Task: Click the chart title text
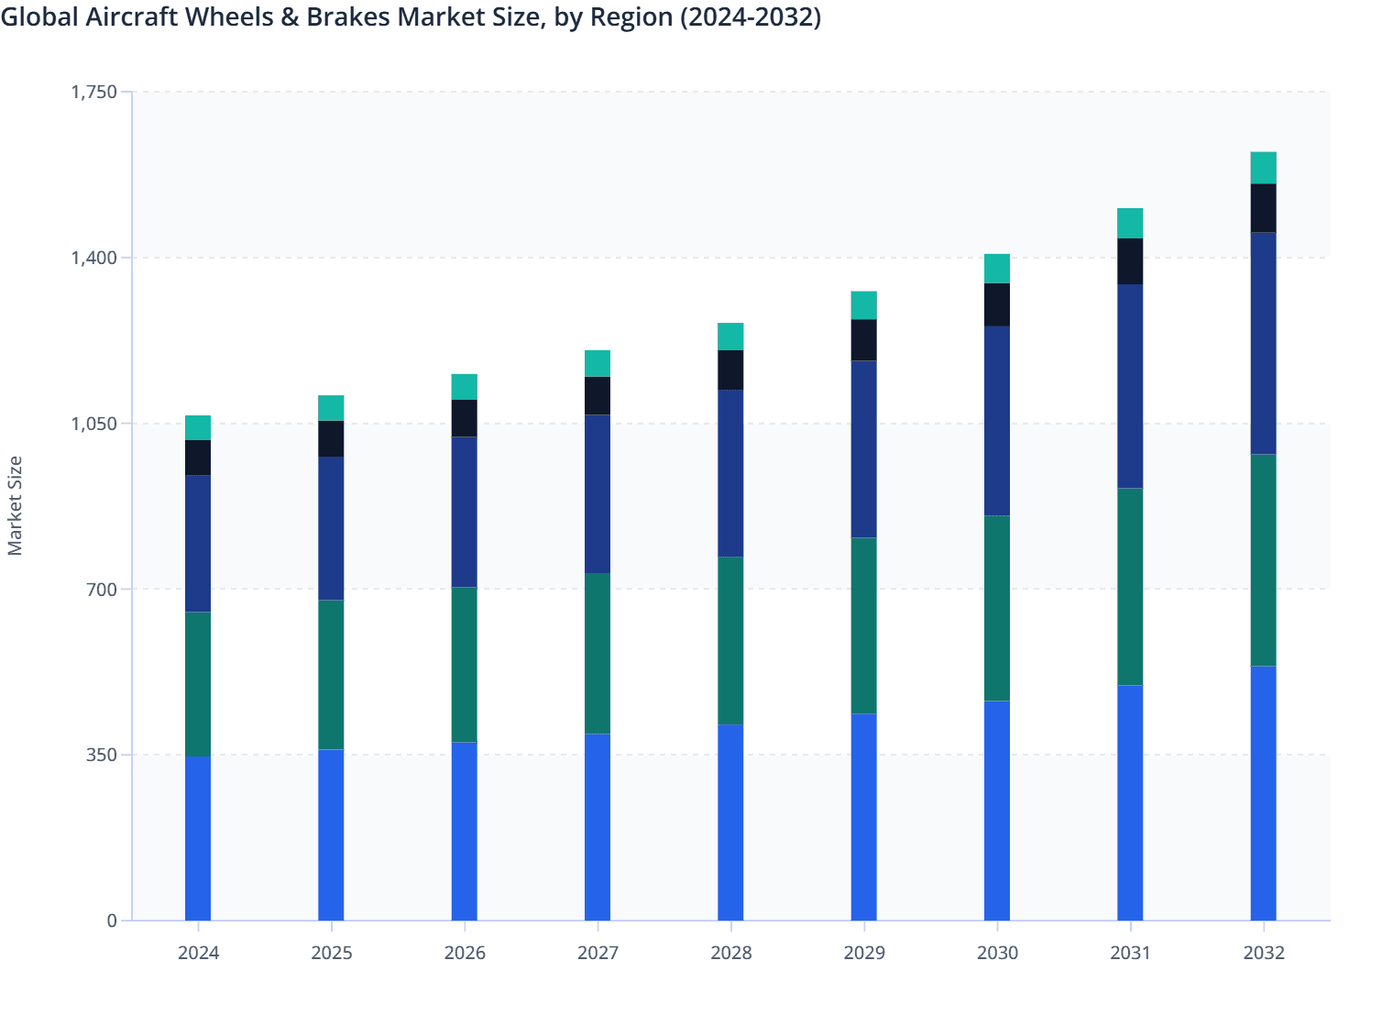tap(411, 17)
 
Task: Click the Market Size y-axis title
tap(15, 505)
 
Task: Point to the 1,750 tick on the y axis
tap(94, 92)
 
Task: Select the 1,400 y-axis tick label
tap(94, 258)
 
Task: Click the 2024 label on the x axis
tap(198, 953)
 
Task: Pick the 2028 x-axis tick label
tap(730, 953)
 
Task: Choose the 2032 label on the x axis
tap(1263, 953)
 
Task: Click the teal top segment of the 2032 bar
tap(1263, 168)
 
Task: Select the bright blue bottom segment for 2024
tap(198, 838)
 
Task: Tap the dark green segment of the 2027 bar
tap(598, 654)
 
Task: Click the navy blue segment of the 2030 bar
tap(997, 421)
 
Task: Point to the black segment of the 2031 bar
tap(1130, 261)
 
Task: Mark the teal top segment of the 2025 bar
tap(331, 408)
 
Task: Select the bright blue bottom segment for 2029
tap(863, 817)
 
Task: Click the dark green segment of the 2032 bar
tap(1263, 560)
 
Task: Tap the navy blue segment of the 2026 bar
tap(465, 512)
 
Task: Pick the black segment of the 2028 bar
tap(730, 370)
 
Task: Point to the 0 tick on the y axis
tap(112, 921)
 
